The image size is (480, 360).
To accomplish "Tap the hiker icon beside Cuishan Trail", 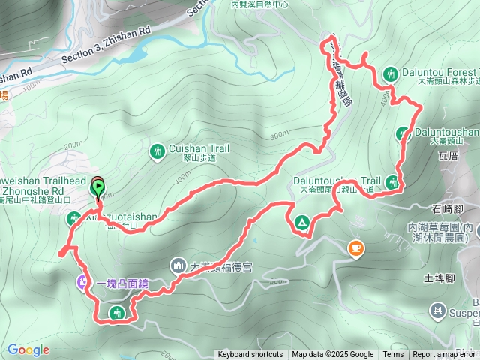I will (x=157, y=151).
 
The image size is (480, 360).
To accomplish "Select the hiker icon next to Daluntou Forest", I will (x=390, y=73).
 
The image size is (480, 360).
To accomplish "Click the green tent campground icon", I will (x=301, y=222).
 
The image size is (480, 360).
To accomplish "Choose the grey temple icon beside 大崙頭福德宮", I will (x=178, y=265).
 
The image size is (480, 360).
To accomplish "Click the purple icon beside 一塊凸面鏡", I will (x=82, y=283).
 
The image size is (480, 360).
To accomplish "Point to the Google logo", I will (x=28, y=349).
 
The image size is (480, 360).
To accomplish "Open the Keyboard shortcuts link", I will (x=250, y=355).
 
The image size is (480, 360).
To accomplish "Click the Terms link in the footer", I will (x=393, y=355).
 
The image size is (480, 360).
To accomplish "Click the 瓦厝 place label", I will (x=448, y=157).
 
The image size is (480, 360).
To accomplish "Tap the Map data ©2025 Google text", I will (x=333, y=355).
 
